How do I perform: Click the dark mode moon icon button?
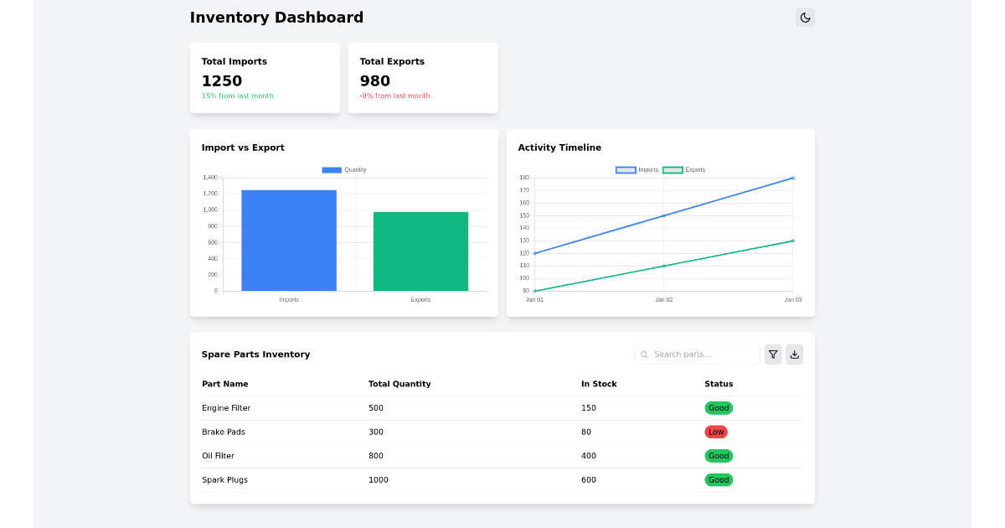pos(805,18)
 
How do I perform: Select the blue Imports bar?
pos(289,241)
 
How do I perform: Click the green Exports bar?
pos(420,251)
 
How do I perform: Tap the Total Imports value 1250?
pos(222,81)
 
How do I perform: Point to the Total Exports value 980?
pos(375,81)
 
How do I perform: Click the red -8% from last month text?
pos(394,96)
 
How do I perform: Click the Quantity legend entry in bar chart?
pos(344,170)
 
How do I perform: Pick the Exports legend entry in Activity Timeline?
pos(684,170)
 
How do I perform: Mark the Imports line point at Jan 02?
pos(664,215)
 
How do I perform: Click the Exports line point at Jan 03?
pos(792,241)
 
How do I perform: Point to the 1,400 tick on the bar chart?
pos(209,178)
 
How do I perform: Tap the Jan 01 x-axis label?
pos(534,300)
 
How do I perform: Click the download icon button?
pos(794,355)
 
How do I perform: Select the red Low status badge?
pos(716,432)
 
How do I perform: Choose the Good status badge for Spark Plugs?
pos(719,480)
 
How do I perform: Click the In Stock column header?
pos(599,384)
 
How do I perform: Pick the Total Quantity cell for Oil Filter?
pos(376,456)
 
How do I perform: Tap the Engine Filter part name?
pos(226,408)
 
